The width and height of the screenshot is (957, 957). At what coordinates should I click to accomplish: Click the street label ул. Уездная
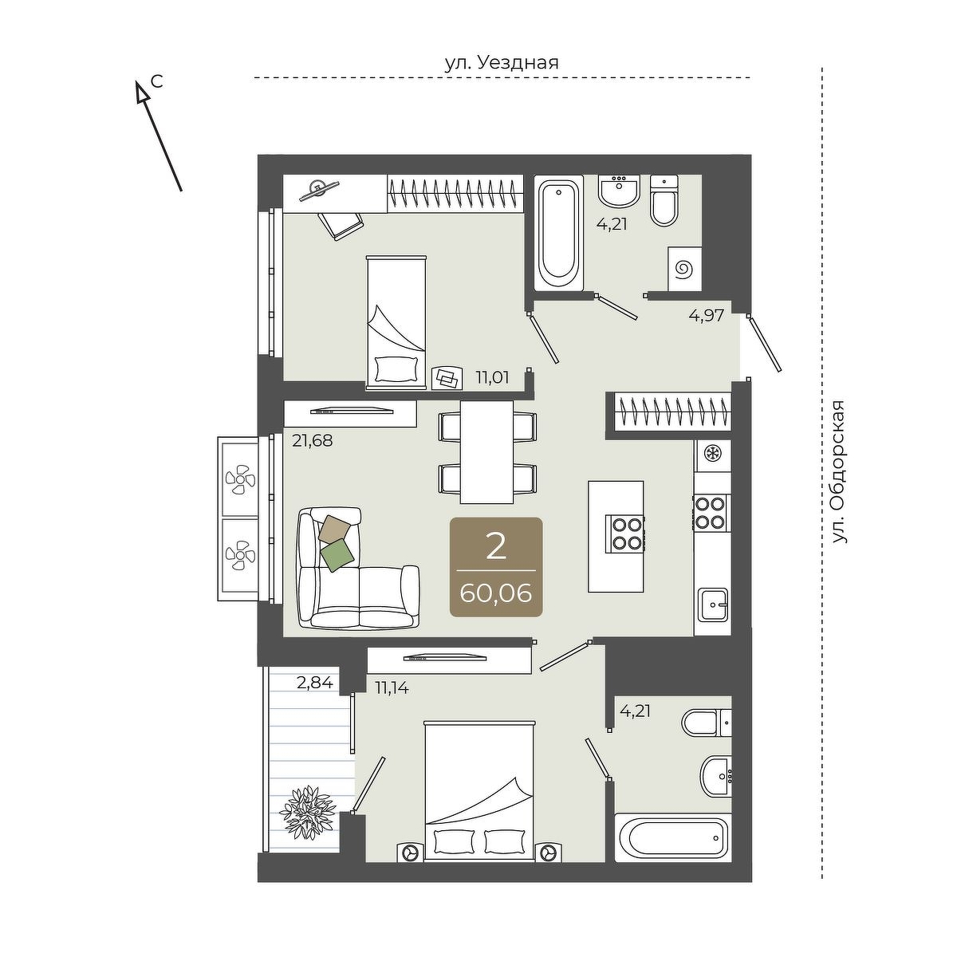click(502, 64)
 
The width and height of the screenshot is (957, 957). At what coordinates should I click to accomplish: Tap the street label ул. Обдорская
click(838, 472)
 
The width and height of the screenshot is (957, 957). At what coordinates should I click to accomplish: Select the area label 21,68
click(312, 440)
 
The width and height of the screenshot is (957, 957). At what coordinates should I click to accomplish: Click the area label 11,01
click(492, 377)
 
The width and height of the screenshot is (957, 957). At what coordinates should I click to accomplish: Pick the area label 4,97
click(707, 315)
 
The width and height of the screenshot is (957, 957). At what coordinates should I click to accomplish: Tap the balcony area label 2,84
click(314, 683)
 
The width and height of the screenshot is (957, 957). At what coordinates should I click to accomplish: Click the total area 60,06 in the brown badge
click(495, 593)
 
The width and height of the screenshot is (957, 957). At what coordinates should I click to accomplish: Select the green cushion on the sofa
click(337, 555)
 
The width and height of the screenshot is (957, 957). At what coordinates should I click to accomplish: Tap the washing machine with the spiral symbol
click(685, 269)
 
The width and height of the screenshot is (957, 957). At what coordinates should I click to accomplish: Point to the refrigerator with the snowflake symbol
click(712, 455)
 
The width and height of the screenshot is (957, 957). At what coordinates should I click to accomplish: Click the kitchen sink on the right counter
click(714, 605)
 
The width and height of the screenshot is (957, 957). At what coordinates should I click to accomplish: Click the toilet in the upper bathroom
click(664, 201)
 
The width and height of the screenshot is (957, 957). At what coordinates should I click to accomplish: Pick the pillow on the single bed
click(396, 369)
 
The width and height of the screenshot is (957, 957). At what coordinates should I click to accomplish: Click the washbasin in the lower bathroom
click(715, 775)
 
